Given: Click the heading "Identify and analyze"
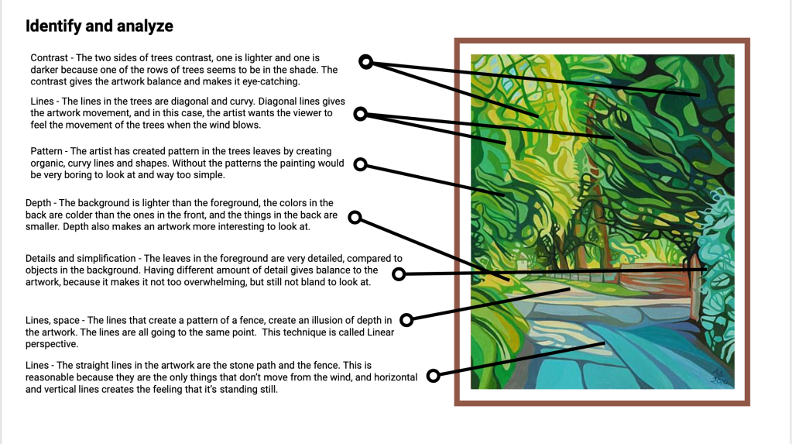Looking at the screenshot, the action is (99, 26).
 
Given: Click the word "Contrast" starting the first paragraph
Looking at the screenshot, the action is (49, 58).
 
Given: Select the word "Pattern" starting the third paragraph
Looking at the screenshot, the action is (46, 151).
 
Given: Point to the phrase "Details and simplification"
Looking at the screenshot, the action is (81, 258).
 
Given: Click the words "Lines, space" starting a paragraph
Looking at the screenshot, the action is (53, 321).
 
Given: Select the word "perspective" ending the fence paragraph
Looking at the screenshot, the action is (52, 344).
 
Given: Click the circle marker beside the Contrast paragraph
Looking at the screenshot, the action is (365, 62).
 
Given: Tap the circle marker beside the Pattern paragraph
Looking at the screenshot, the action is (360, 164).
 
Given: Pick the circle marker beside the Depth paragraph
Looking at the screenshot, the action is (355, 218).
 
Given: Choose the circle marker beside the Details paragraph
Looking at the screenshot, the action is (399, 274).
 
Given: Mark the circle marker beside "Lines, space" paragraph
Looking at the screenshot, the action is (406, 319).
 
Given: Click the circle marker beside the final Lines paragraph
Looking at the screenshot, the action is (434, 376).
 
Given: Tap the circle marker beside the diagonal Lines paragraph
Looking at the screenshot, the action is (360, 114).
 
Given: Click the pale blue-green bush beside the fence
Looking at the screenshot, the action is (717, 268).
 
